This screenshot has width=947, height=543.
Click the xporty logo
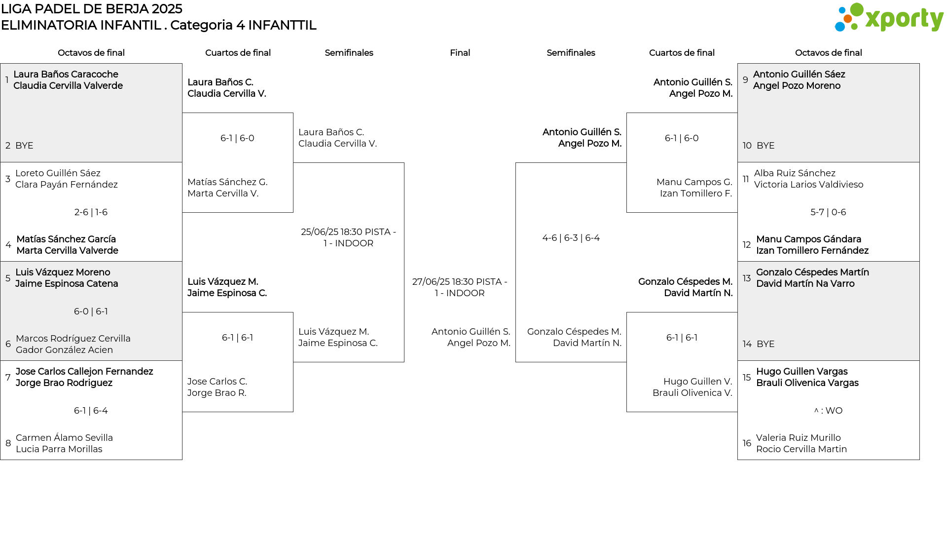889,18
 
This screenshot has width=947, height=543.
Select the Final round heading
460,53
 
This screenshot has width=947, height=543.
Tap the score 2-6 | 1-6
91,212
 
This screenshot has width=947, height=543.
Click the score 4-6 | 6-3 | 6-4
571,238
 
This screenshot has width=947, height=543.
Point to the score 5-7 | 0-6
828,212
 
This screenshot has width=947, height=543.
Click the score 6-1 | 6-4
91,411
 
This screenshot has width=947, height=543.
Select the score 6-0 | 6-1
91,311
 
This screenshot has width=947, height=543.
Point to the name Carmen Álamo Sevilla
64,438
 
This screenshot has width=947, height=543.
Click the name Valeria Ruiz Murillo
799,438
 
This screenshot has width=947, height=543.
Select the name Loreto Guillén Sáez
58,173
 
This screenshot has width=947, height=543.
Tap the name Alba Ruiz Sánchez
795,173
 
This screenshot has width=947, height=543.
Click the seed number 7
8,378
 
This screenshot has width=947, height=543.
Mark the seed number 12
747,245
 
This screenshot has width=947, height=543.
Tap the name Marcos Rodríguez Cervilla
73,339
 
